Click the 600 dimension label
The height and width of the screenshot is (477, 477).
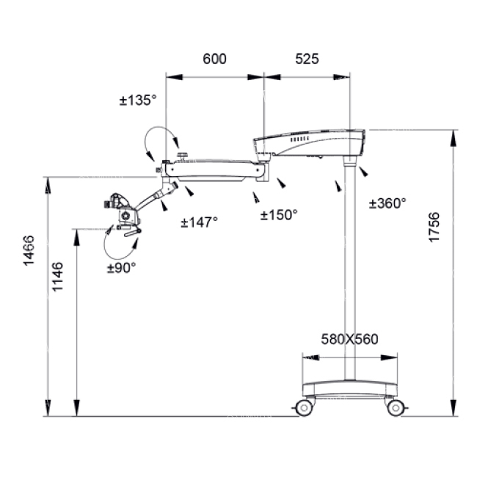[x=214, y=59]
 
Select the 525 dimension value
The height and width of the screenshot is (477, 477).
[x=307, y=59]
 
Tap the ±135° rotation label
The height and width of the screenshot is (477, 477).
[x=138, y=100]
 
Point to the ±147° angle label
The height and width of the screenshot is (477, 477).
[x=200, y=222]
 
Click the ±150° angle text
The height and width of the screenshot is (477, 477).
[x=279, y=215]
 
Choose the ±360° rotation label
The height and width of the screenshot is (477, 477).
[x=387, y=203]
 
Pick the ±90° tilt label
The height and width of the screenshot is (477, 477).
[x=121, y=268]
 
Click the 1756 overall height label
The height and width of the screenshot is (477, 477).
[x=434, y=227]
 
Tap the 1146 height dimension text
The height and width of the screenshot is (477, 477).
[x=57, y=277]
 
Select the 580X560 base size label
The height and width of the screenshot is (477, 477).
[x=349, y=339]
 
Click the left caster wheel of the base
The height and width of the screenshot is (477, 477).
[x=304, y=407]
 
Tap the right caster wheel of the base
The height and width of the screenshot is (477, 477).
[x=396, y=407]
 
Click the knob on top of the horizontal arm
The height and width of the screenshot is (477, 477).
[x=183, y=156]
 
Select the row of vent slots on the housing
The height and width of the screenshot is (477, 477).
[x=299, y=139]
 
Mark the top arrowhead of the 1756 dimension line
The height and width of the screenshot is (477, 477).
[x=454, y=139]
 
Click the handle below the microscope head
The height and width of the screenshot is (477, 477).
[x=133, y=233]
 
